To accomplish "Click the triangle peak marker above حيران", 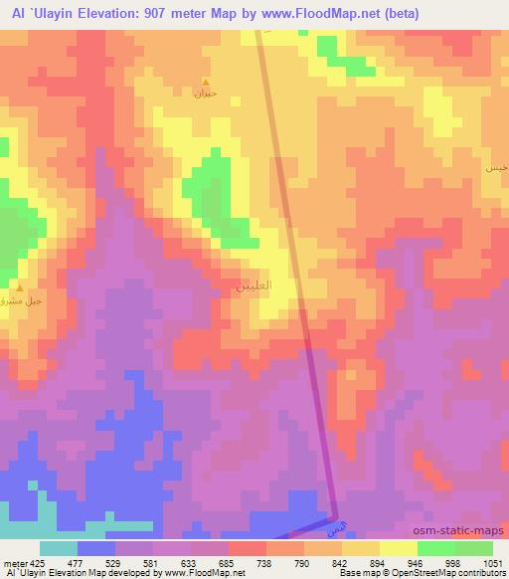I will [x=206, y=82].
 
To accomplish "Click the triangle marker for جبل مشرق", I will [x=19, y=287].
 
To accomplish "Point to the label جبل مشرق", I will [x=19, y=298].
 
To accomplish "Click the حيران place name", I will [x=205, y=94].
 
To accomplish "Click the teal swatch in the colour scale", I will [x=59, y=548].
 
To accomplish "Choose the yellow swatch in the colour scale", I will [x=398, y=548].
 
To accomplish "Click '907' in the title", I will [x=163, y=13].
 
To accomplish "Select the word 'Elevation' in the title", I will [x=108, y=13].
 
